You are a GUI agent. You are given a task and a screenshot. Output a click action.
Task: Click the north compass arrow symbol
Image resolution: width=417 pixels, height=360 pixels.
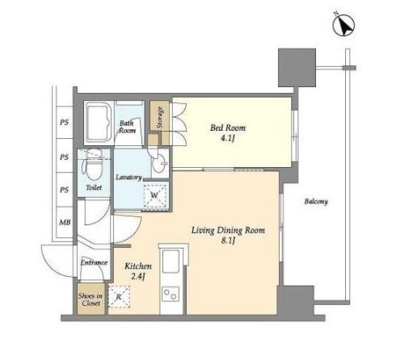coord(343,25)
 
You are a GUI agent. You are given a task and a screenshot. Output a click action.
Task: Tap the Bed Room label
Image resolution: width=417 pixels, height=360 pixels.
coord(228,128)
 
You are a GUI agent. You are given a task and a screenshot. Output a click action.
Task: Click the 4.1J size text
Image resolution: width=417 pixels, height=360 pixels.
coord(228,138)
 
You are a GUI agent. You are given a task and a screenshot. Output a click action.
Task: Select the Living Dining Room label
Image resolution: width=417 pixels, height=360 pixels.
coord(228,230)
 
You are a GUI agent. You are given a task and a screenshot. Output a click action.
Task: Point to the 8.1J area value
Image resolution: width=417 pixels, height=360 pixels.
coord(229,241)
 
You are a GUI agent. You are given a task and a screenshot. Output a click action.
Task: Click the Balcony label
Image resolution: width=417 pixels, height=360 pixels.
coord(316,201)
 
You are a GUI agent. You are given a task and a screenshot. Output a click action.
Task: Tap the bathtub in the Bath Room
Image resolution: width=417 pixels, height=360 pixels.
coord(99,123)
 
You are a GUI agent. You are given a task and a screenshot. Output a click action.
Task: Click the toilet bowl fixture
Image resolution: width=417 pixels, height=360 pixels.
coord(94,165)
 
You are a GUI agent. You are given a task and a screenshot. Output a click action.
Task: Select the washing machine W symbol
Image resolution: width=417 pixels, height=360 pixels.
coord(154,195)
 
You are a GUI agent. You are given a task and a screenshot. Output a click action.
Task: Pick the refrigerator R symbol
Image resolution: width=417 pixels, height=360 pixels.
coord(119,297)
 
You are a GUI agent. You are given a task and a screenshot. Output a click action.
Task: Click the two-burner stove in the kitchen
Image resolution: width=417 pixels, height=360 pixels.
coord(171,294)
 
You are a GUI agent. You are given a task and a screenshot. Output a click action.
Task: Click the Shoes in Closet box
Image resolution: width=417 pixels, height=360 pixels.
coord(91,299)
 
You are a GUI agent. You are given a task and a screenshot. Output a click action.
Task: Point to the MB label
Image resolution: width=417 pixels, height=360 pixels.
coord(65,222)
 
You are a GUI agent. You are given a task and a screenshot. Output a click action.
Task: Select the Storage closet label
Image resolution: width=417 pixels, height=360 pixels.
coord(159,118)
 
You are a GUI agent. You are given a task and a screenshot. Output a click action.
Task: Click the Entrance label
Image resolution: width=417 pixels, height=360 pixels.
coord(94,262)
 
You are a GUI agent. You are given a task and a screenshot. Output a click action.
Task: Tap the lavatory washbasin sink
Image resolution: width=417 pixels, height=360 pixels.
coord(159,163)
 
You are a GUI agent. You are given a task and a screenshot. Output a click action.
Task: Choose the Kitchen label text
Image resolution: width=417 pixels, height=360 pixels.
coord(138,266)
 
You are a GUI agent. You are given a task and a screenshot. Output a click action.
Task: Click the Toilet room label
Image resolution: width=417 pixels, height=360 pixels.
coord(94,187)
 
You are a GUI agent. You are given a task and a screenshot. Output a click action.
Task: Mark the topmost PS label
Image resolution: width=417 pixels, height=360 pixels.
coord(64,123)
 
